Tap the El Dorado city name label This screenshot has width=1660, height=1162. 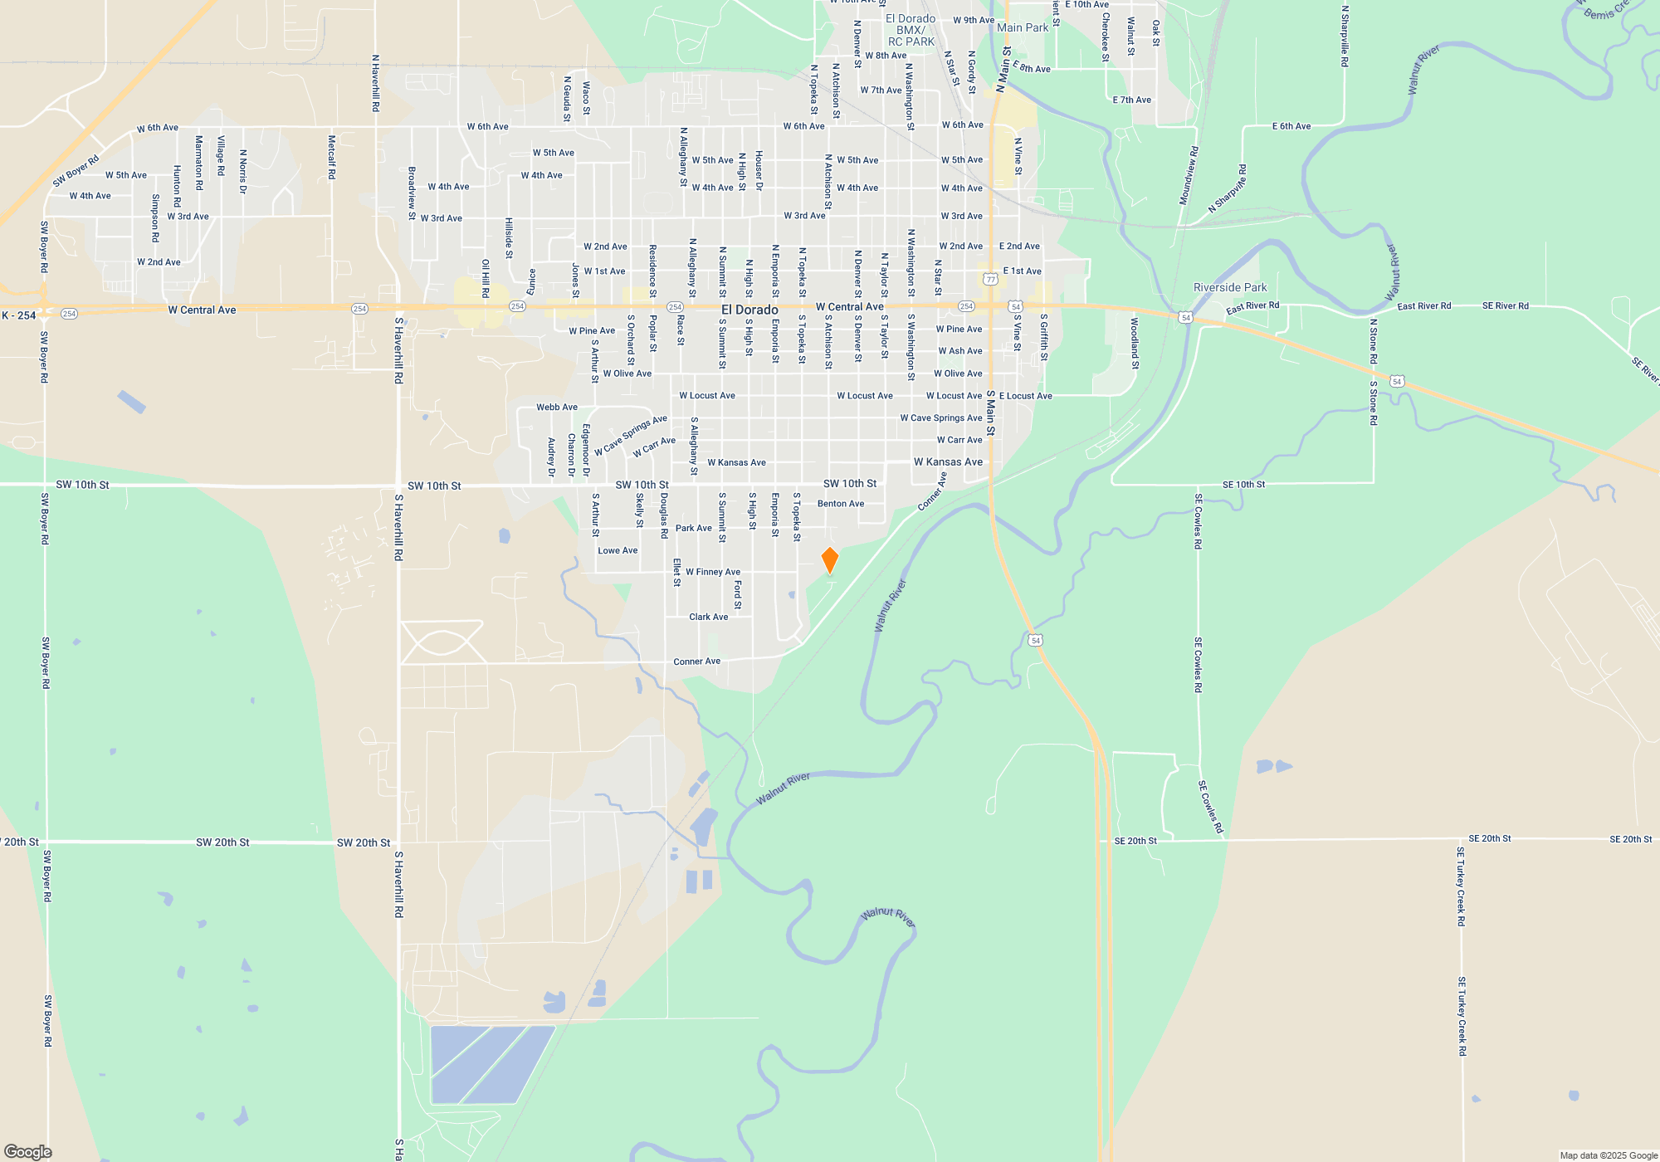pyautogui.click(x=749, y=310)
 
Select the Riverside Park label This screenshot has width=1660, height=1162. pyautogui.click(x=1230, y=288)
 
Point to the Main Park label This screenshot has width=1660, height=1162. pyautogui.click(x=1023, y=27)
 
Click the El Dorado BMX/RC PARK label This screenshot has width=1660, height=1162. pyautogui.click(x=911, y=30)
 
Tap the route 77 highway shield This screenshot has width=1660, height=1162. pyautogui.click(x=990, y=280)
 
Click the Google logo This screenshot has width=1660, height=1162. pyautogui.click(x=27, y=1152)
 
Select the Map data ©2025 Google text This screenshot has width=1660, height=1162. pyautogui.click(x=1608, y=1155)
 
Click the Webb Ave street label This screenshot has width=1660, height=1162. pyautogui.click(x=557, y=407)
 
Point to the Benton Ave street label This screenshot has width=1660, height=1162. pyautogui.click(x=841, y=504)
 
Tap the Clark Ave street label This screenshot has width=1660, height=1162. pyautogui.click(x=708, y=617)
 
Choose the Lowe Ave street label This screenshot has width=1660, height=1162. pyautogui.click(x=618, y=550)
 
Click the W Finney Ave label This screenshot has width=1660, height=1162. pyautogui.click(x=713, y=572)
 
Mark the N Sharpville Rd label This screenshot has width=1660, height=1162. pyautogui.click(x=1345, y=37)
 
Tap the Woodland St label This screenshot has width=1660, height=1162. pyautogui.click(x=1135, y=343)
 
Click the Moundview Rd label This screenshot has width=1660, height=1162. pyautogui.click(x=1189, y=176)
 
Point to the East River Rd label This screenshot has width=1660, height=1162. pyautogui.click(x=1252, y=308)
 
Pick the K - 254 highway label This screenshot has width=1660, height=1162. pyautogui.click(x=18, y=315)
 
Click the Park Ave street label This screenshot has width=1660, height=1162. pyautogui.click(x=693, y=528)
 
